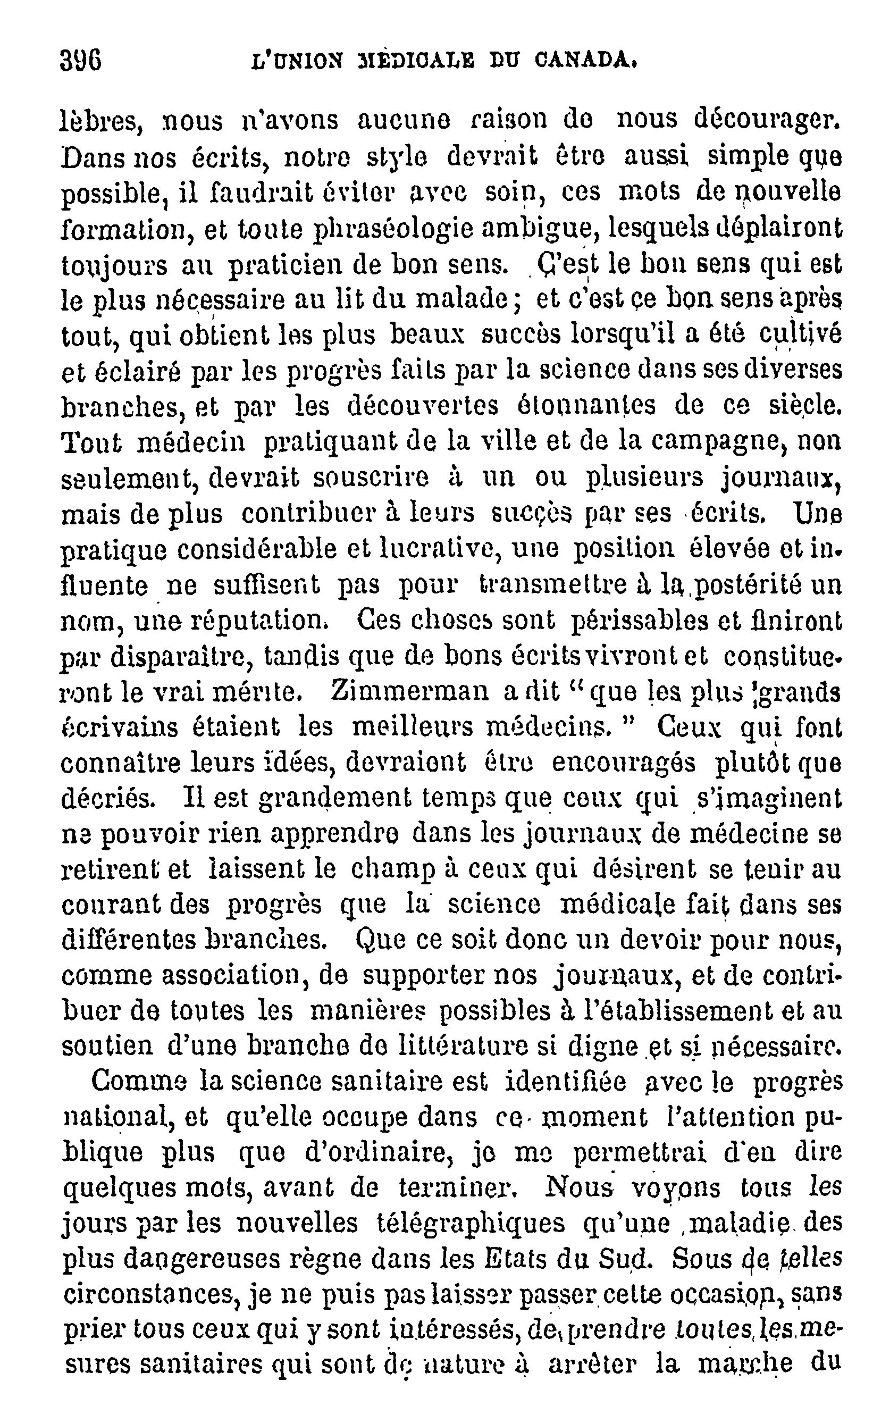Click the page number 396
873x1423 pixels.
pos(81,60)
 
